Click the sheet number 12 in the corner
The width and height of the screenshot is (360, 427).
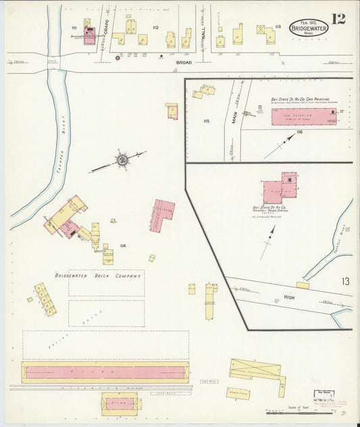pos(338,18)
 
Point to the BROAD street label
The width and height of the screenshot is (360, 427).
pos(184,62)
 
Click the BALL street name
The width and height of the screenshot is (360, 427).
pos(203,31)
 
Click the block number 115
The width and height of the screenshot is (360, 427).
pos(206,121)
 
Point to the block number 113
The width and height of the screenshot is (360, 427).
pos(278,27)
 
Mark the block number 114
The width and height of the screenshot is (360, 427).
pos(123,245)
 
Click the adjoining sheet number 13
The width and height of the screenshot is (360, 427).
pos(345,281)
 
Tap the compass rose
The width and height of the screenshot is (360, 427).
pos(122,159)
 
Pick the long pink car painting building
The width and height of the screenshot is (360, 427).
pos(303,117)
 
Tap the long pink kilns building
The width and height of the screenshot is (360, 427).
pos(105,372)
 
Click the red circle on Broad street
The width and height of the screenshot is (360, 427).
pos(118,58)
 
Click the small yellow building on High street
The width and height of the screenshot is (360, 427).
pos(303,285)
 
